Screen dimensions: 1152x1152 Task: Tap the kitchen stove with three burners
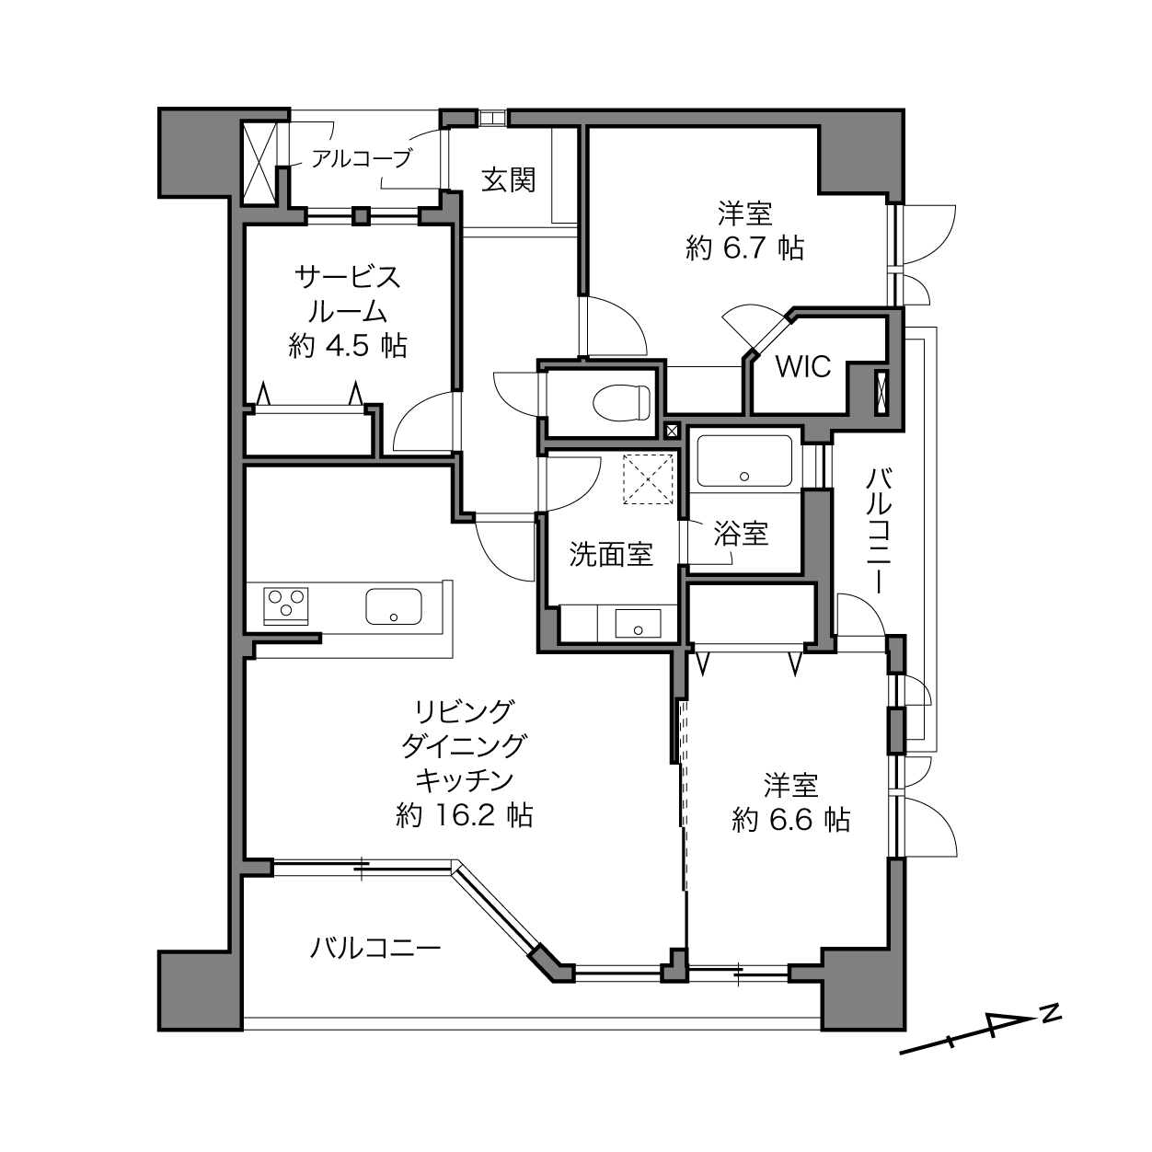click(x=286, y=605)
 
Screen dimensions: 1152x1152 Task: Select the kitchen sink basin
click(x=394, y=606)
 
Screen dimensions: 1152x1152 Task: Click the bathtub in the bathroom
click(x=744, y=460)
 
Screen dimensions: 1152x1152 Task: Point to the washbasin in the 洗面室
click(x=638, y=623)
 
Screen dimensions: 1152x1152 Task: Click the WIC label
click(x=803, y=366)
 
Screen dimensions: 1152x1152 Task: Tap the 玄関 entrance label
click(x=509, y=179)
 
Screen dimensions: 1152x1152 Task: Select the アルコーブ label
click(x=362, y=158)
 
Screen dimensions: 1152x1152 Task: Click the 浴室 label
click(x=742, y=534)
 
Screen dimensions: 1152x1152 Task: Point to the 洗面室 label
click(x=611, y=554)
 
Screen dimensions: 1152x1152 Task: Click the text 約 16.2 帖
click(x=465, y=815)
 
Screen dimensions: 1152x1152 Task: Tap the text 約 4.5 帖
click(x=348, y=346)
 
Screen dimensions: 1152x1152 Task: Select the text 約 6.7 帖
click(x=745, y=248)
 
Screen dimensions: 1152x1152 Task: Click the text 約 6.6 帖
click(x=791, y=820)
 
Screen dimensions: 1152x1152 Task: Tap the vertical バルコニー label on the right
click(x=879, y=532)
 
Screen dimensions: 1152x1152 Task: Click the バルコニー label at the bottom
click(x=375, y=948)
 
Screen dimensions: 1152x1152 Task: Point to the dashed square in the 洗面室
click(x=648, y=478)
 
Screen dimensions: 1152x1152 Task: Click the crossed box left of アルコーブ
click(x=259, y=163)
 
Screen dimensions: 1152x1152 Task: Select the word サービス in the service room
click(x=348, y=277)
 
